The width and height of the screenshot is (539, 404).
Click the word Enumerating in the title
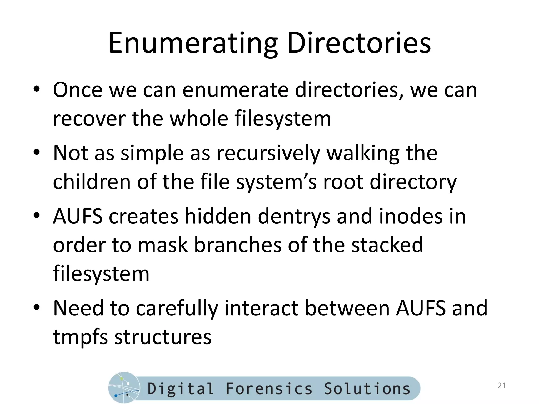(193, 43)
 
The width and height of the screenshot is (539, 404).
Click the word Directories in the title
(359, 43)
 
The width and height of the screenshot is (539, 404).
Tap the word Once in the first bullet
(77, 90)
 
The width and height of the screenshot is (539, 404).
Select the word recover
(89, 119)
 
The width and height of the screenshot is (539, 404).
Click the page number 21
(502, 386)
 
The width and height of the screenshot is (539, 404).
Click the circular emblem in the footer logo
(124, 388)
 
